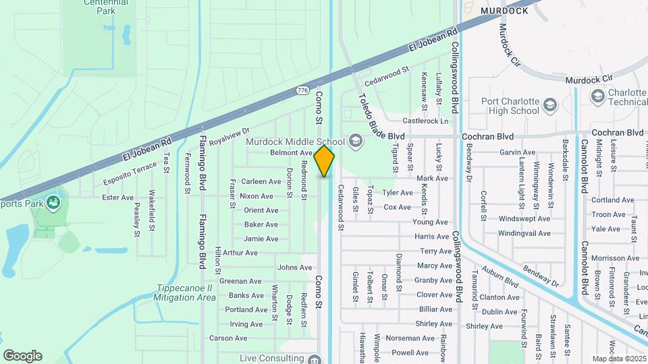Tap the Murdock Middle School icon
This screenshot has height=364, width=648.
coord(356,142)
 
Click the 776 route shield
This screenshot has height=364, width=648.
coord(302,90)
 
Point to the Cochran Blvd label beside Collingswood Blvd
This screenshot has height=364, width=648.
coord(488,135)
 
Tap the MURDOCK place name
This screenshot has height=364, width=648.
coord(504,11)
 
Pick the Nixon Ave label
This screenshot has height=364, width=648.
coord(256,196)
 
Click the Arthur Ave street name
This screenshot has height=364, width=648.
coord(240,253)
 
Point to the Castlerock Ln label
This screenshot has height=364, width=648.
coord(425,121)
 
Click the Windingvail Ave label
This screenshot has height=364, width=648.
coord(520,233)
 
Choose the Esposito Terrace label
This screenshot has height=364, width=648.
coord(130,173)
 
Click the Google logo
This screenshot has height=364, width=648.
coord(22,356)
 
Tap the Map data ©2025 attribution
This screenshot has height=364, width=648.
coord(619,359)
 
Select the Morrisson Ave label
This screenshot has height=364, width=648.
coord(616,258)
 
